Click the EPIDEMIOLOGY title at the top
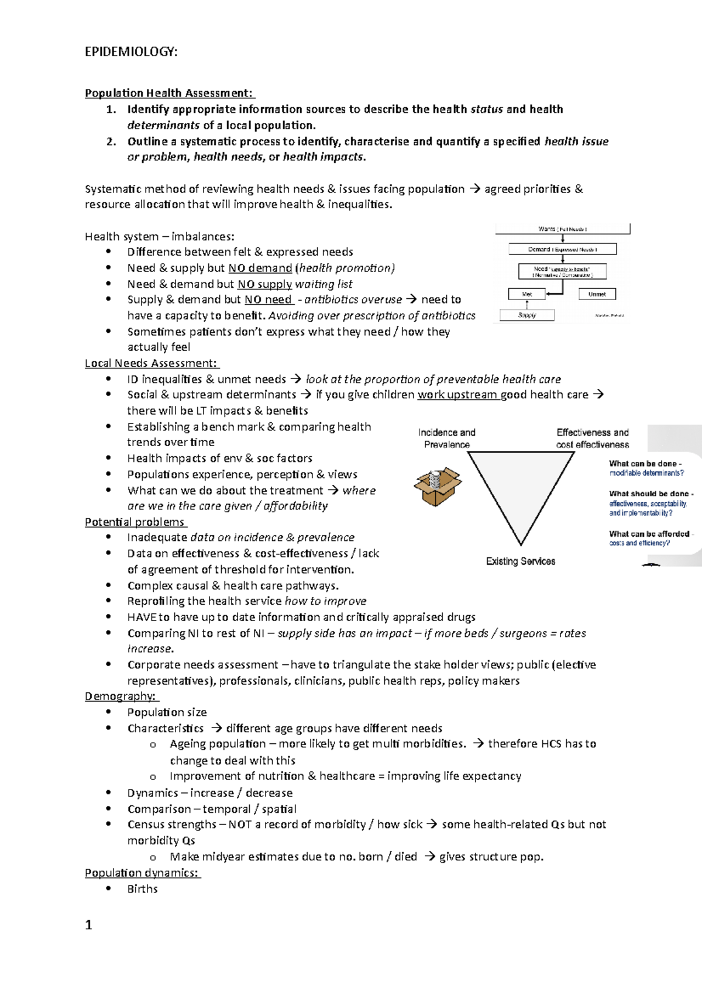[131, 52]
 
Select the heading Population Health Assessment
[169, 93]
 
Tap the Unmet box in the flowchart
[597, 294]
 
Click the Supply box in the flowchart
[526, 315]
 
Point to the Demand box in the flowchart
[562, 249]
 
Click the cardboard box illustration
[437, 487]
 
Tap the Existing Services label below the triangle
[520, 561]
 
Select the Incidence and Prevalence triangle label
[446, 439]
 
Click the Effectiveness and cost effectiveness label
[592, 439]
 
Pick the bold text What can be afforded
[649, 534]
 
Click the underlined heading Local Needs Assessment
[151, 363]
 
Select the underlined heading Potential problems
[135, 522]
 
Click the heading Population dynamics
[142, 873]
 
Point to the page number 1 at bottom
[88, 925]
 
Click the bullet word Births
[142, 889]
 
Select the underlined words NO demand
[260, 268]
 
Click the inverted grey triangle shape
[520, 485]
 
